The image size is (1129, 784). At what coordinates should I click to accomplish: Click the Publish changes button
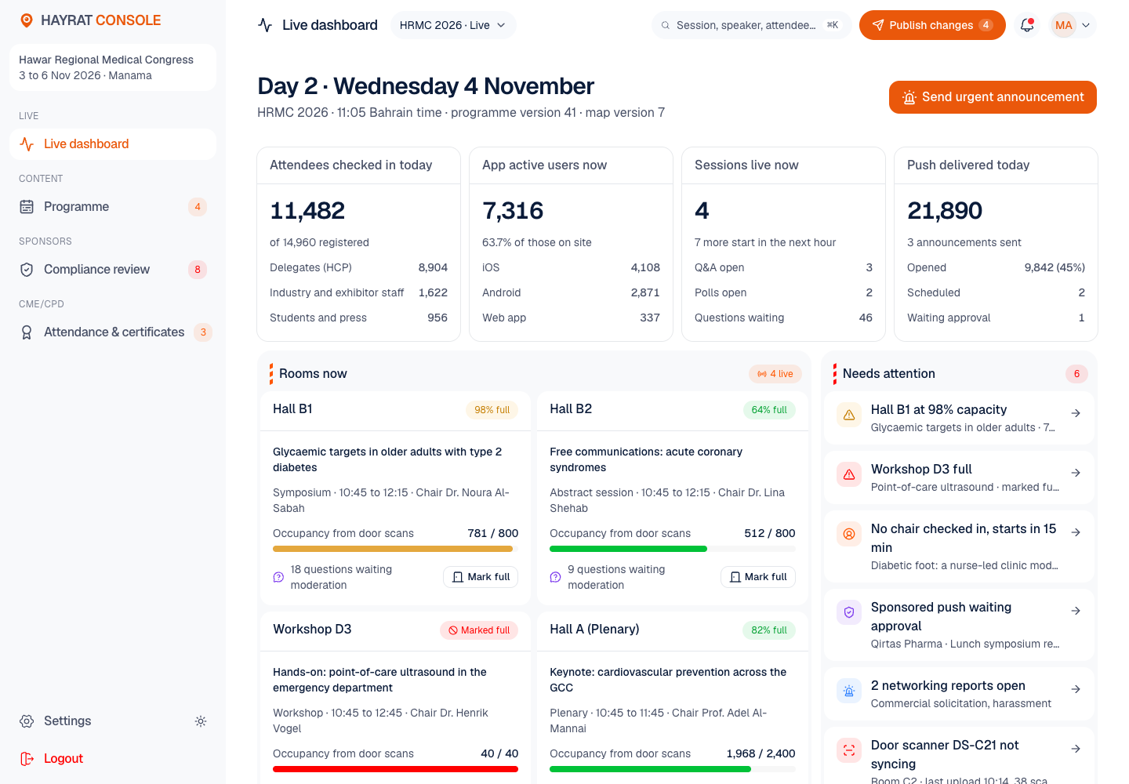pyautogui.click(x=932, y=25)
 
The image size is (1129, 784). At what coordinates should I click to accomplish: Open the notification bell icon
pyautogui.click(x=1027, y=25)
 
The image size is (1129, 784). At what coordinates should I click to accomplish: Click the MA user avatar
pyautogui.click(x=1063, y=25)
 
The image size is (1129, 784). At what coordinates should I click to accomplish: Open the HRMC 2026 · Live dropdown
pyautogui.click(x=452, y=25)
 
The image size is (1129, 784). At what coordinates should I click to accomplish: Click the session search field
pyautogui.click(x=751, y=25)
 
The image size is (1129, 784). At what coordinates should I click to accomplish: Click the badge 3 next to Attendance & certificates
pyautogui.click(x=203, y=332)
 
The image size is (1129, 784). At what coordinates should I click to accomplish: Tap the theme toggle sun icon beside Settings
pyautogui.click(x=201, y=721)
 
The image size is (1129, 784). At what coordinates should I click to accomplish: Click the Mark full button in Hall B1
pyautogui.click(x=481, y=577)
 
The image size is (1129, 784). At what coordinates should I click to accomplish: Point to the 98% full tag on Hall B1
pyautogui.click(x=492, y=409)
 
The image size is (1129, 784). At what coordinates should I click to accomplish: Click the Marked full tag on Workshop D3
pyautogui.click(x=479, y=630)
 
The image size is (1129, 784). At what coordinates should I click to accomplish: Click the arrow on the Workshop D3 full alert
pyautogui.click(x=1076, y=473)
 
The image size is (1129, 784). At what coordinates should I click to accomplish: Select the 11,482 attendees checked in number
pyautogui.click(x=307, y=211)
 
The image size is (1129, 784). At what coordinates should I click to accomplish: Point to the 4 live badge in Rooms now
pyautogui.click(x=775, y=374)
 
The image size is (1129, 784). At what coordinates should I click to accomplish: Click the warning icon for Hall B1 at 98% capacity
pyautogui.click(x=849, y=415)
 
